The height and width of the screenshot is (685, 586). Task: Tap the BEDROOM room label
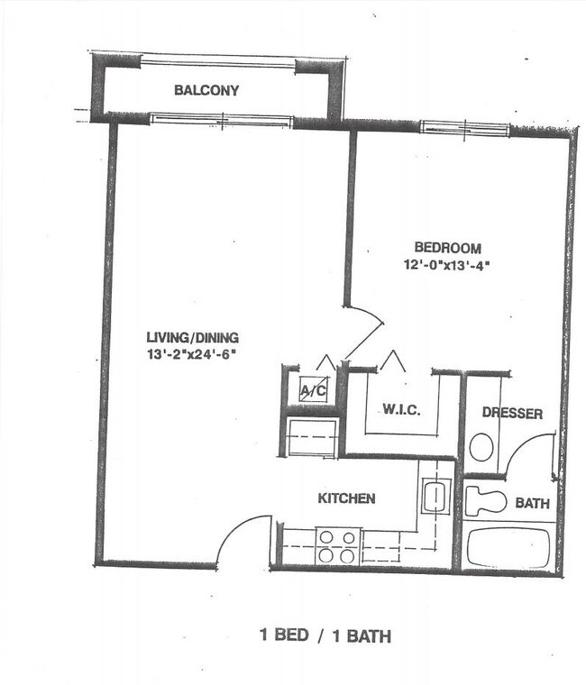(x=447, y=248)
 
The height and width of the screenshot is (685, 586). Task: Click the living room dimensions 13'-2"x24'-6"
(x=191, y=354)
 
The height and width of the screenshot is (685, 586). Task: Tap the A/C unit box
(x=313, y=390)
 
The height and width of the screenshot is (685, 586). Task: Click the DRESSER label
(x=511, y=414)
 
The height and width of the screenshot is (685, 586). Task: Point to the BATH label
(x=532, y=504)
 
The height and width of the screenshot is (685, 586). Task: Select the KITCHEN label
(x=346, y=498)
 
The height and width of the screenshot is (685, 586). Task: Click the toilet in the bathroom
(x=485, y=501)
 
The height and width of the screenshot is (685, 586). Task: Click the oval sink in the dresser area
(x=483, y=445)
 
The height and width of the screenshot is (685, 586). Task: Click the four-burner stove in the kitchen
(x=337, y=546)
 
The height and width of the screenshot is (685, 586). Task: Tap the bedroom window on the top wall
(x=464, y=127)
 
